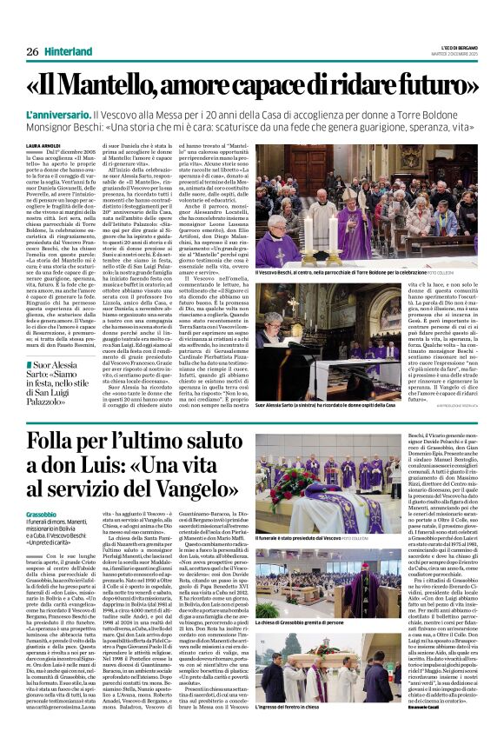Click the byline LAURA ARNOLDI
43,145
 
